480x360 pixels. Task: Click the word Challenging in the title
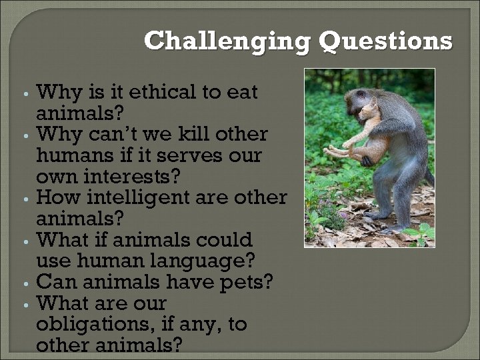click(x=227, y=41)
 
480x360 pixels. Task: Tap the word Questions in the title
click(x=385, y=41)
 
